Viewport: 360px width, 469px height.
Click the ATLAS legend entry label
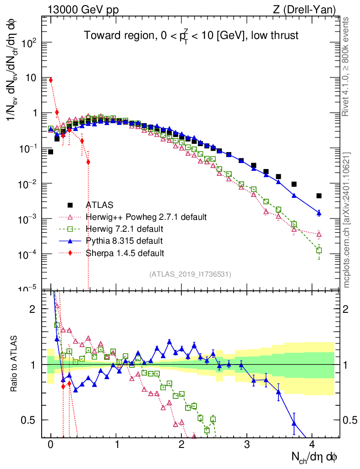tap(99, 205)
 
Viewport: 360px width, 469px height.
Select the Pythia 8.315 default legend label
tap(124, 241)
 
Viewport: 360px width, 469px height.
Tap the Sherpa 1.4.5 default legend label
tap(125, 253)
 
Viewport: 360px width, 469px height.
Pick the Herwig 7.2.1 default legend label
tap(125, 229)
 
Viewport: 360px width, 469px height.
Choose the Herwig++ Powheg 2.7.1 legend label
tap(146, 217)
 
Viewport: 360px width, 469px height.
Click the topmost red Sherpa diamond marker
tap(51, 80)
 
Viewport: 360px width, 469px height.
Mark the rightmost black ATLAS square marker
tap(319, 196)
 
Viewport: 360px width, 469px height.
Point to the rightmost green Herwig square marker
tap(319, 250)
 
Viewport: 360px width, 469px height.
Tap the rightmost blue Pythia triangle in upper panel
tap(319, 213)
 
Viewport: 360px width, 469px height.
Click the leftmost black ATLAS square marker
tap(50, 152)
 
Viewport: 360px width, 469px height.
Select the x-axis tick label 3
tap(246, 444)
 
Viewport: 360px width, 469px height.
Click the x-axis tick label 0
tap(50, 444)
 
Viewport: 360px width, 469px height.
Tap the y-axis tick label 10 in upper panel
tap(31, 78)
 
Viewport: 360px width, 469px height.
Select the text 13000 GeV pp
tap(83, 10)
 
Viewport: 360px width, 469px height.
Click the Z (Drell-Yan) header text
tap(304, 10)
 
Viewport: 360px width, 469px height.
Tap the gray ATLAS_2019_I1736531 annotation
tap(190, 274)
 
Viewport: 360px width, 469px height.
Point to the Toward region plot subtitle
tap(191, 36)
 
